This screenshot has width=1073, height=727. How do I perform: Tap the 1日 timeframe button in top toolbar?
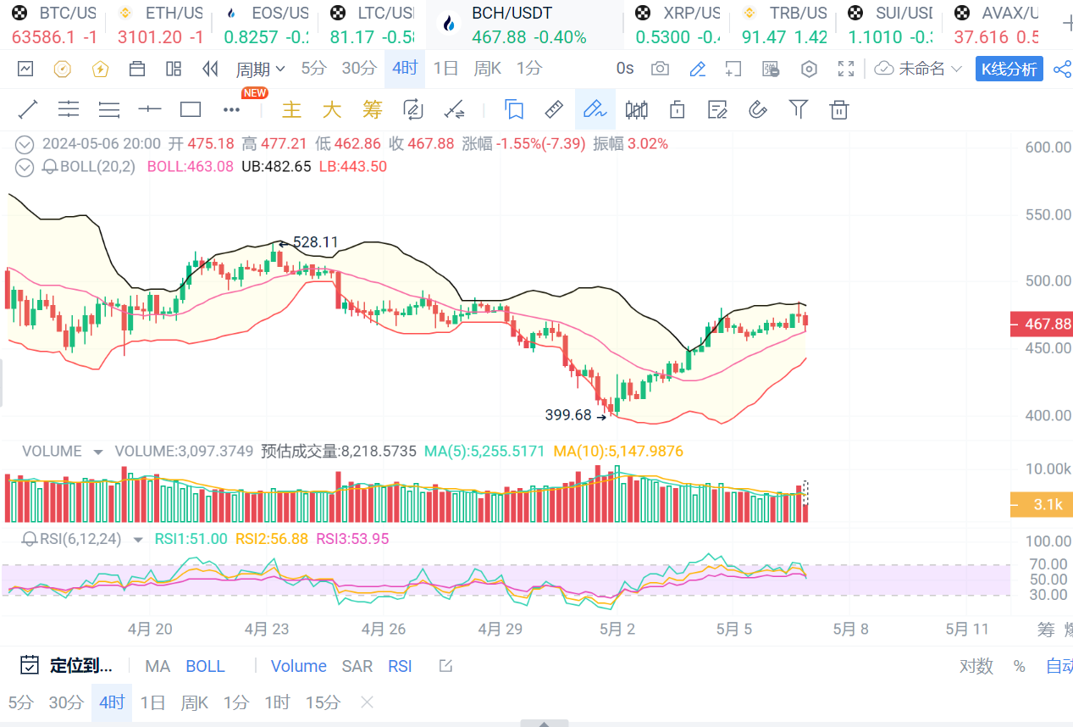pyautogui.click(x=445, y=69)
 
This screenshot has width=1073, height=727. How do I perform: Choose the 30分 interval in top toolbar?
pyautogui.click(x=359, y=69)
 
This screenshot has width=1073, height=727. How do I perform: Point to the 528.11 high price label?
pyautogui.click(x=315, y=242)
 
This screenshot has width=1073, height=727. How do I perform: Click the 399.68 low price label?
pyautogui.click(x=568, y=415)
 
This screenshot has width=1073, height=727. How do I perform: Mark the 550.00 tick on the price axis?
pyautogui.click(x=1048, y=214)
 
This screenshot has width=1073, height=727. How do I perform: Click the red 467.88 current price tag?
pyautogui.click(x=1042, y=324)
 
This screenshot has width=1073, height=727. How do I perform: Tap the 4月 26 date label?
pyautogui.click(x=384, y=629)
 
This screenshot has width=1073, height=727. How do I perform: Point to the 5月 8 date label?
pyautogui.click(x=850, y=629)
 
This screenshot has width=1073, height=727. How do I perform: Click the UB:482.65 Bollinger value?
pyautogui.click(x=276, y=167)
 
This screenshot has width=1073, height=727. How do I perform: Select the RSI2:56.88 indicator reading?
pyautogui.click(x=271, y=539)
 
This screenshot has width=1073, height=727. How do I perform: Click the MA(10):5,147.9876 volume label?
pyautogui.click(x=618, y=452)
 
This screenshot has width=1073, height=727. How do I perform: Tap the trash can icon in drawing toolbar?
pyautogui.click(x=838, y=109)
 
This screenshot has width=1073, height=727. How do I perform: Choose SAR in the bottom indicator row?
pyautogui.click(x=357, y=666)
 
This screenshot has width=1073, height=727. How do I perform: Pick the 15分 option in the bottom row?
pyautogui.click(x=323, y=702)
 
